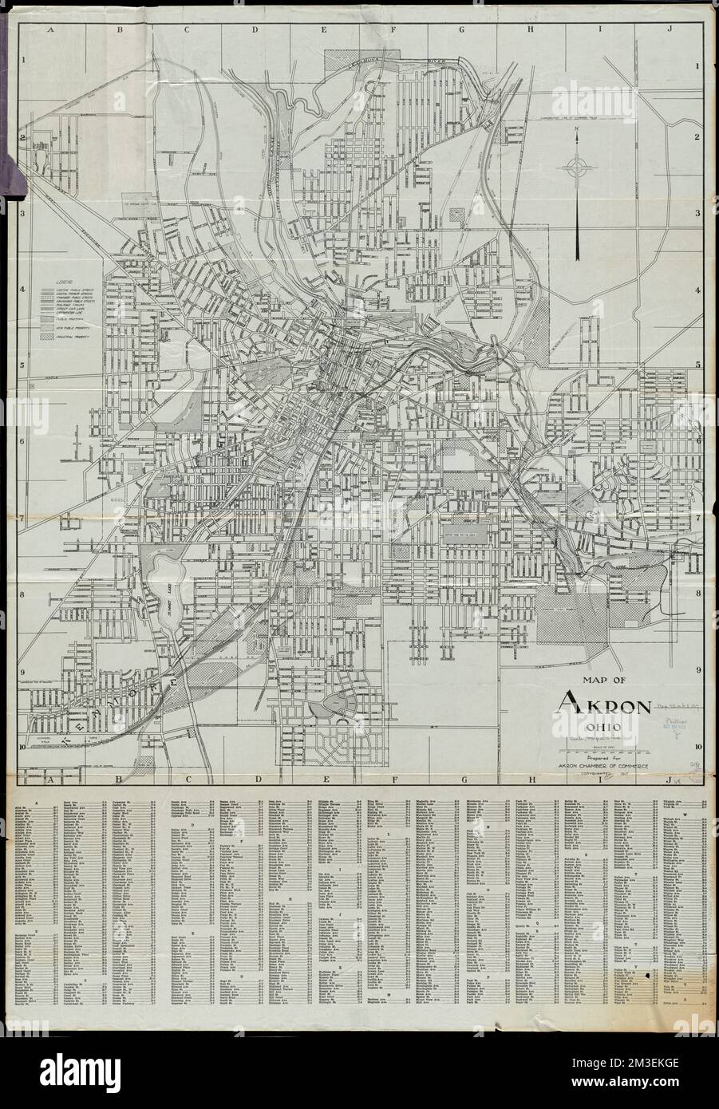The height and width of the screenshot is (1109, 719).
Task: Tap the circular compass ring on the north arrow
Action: pyautogui.click(x=576, y=167)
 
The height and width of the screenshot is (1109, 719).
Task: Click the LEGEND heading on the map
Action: pyautogui.click(x=53, y=282)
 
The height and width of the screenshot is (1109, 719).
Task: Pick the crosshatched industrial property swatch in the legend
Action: pyautogui.click(x=47, y=337)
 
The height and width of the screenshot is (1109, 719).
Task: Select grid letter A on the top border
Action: pyautogui.click(x=49, y=29)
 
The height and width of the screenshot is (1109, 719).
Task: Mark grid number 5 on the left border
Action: pyautogui.click(x=25, y=365)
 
